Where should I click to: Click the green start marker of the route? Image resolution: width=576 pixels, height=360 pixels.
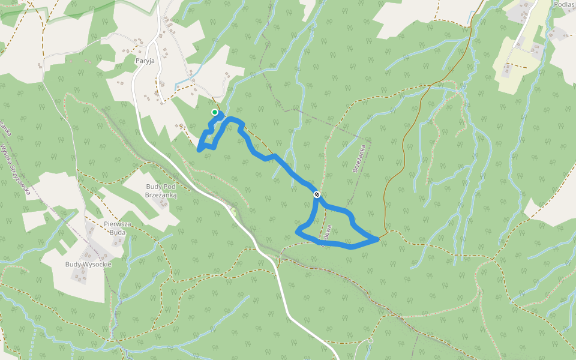tap(215, 112)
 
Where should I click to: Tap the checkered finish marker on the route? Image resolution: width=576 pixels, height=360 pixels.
tap(316, 194)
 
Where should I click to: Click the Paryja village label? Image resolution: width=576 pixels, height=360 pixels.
tap(145, 60)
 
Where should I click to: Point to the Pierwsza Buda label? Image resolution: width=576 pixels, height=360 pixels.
tap(118, 228)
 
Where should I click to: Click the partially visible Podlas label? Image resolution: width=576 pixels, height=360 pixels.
tap(565, 5)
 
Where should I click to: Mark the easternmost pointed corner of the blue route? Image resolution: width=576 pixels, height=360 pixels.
tap(378, 239)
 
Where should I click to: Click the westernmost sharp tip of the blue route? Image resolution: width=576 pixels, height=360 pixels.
tap(199, 150)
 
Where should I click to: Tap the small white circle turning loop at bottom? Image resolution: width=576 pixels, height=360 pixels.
tap(371, 341)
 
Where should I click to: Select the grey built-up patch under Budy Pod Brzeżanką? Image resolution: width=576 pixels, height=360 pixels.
tap(163, 203)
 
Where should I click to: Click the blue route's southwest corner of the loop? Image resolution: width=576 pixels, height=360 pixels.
tap(298, 231)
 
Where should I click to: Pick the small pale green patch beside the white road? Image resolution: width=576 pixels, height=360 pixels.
tap(233, 211)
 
